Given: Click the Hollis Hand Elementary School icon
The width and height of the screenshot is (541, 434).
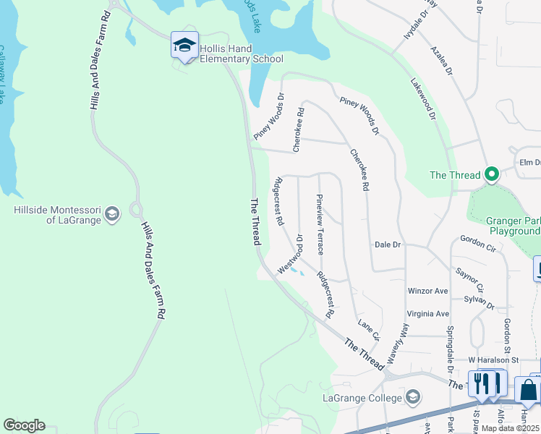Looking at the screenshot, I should [184, 46].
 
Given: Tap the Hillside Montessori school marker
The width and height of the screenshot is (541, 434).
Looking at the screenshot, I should [112, 213].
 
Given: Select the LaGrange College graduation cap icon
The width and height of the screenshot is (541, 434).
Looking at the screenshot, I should [412, 396].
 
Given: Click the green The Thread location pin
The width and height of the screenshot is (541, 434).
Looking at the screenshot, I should [492, 174].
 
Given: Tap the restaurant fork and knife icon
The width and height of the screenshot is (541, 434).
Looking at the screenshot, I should [487, 383].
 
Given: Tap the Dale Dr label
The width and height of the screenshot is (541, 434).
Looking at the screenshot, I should [388, 244].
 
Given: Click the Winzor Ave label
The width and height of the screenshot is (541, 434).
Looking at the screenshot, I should [427, 291].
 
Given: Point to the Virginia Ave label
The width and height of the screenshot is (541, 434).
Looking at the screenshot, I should [428, 313].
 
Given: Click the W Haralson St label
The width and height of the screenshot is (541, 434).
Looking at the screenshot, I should [493, 359].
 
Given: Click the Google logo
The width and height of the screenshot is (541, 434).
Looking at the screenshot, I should [24, 425].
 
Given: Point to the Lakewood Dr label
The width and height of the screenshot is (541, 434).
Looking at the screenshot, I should [423, 99].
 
